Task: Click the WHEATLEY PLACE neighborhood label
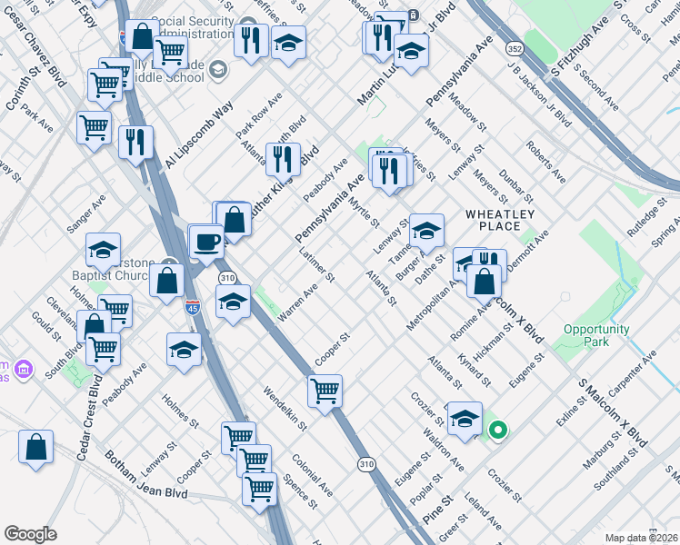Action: coord(505,220)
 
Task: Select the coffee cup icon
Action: coord(206,242)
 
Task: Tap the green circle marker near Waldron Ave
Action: coord(497,429)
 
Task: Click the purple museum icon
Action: coord(24,370)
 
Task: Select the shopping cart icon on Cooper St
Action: coord(325,391)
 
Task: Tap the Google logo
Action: coord(31,534)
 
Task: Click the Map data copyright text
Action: coord(639,538)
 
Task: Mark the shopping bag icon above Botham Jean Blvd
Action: coord(35,447)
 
